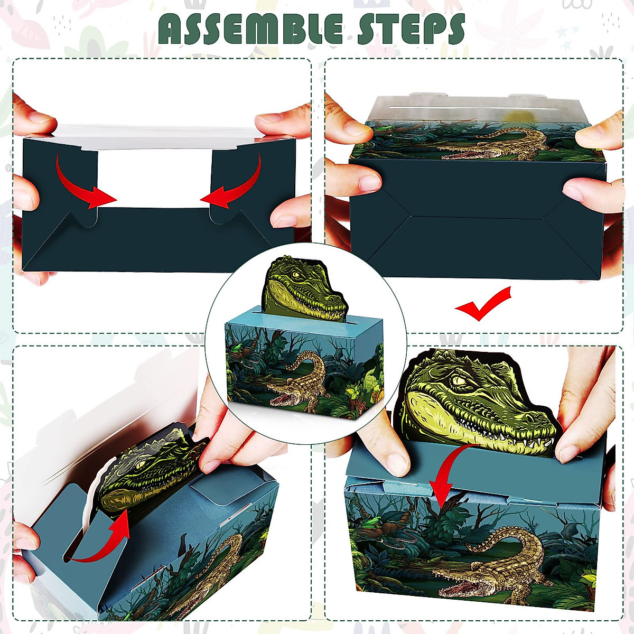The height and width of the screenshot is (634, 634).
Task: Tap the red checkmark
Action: tap(483, 304)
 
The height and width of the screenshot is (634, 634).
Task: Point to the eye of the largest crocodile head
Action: tap(459, 380)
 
